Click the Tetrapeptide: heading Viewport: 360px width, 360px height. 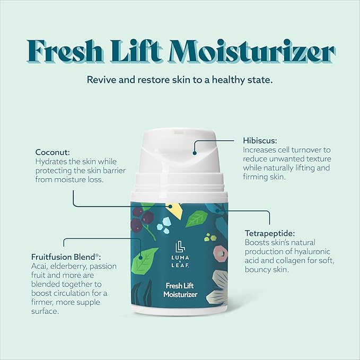pyautogui.click(x=270, y=233)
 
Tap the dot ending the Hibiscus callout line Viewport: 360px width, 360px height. pyautogui.click(x=195, y=153)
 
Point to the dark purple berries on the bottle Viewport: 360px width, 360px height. pyautogui.click(x=142, y=218)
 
